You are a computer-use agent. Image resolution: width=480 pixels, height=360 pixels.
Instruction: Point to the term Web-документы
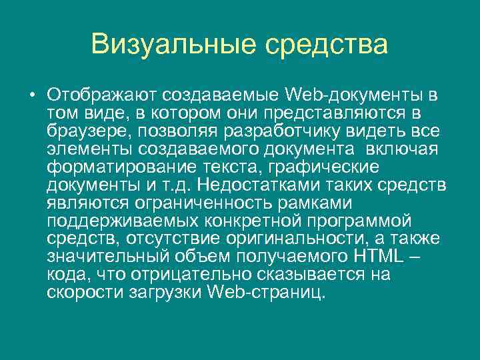point(354,92)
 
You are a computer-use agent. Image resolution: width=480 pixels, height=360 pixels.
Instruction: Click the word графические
point(340,165)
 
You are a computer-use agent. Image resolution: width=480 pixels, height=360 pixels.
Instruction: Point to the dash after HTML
point(419,256)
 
